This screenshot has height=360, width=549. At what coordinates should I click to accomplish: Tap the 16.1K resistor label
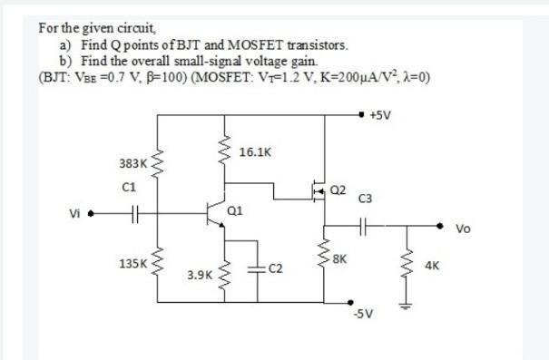(254, 152)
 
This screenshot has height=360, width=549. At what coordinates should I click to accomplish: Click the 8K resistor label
(339, 261)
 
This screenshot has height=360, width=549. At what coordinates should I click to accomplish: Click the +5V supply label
(381, 115)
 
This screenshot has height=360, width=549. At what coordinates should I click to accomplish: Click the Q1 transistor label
(235, 210)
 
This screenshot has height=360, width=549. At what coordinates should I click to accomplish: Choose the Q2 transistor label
(338, 190)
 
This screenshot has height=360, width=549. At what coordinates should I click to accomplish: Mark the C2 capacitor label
(276, 269)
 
